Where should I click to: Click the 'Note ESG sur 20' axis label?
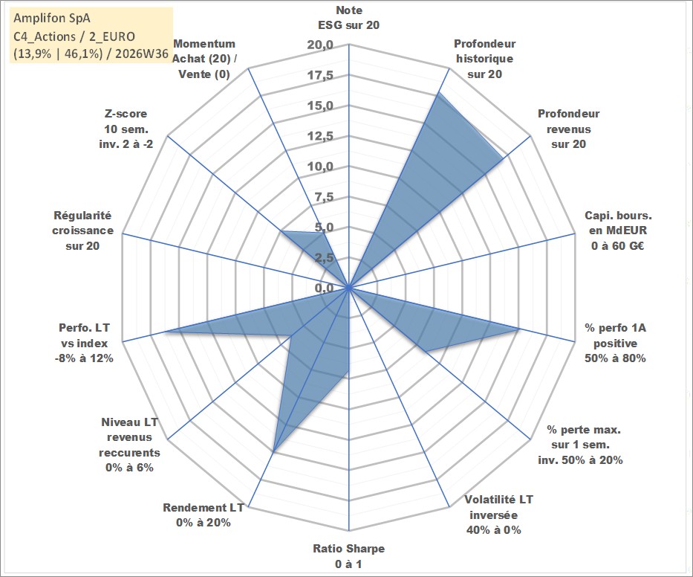click(x=348, y=18)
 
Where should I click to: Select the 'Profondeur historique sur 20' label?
click(x=484, y=59)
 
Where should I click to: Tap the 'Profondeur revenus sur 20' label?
click(x=568, y=129)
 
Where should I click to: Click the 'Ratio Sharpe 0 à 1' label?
click(x=348, y=556)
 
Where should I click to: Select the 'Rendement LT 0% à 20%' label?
click(x=204, y=515)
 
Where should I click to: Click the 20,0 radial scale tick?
click(x=320, y=45)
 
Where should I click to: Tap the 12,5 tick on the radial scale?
click(x=320, y=136)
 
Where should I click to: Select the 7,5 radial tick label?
click(x=324, y=197)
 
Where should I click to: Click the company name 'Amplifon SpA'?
click(x=52, y=18)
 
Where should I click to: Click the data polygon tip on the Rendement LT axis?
click(x=273, y=452)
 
